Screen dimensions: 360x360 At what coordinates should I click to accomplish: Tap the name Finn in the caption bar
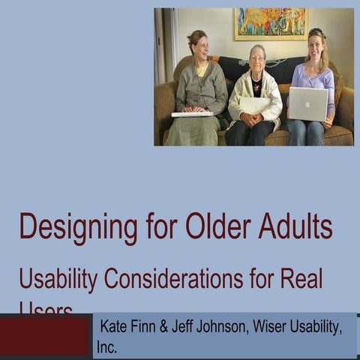tap(150, 328)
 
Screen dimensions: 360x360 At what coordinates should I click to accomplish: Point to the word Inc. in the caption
tap(107, 347)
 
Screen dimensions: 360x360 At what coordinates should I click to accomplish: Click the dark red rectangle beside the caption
tap(45, 336)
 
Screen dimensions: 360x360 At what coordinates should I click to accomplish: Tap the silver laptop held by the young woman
tap(307, 103)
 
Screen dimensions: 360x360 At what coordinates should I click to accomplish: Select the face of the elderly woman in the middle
tap(257, 57)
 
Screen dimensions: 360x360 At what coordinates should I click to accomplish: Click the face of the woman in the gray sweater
tap(199, 43)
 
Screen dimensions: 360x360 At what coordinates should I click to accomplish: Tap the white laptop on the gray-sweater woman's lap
tap(193, 114)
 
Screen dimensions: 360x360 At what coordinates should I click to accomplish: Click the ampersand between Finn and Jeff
tap(174, 328)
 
